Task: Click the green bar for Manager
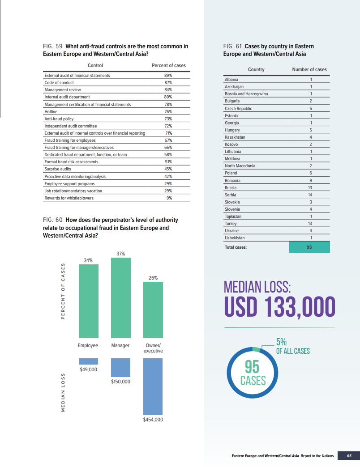click(120, 297)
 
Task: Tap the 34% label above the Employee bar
click(88, 260)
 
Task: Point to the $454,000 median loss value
click(153, 420)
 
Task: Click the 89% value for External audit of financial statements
click(168, 76)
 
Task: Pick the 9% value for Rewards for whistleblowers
click(169, 198)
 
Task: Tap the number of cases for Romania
click(310, 180)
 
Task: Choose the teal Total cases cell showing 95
click(309, 247)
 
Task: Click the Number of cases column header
click(309, 69)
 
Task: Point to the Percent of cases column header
click(168, 66)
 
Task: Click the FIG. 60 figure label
click(52, 220)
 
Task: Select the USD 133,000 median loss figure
click(280, 306)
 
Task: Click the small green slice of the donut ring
click(256, 349)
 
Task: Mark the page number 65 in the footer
click(349, 456)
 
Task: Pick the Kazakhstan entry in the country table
click(235, 137)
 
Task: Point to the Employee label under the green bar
click(88, 345)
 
